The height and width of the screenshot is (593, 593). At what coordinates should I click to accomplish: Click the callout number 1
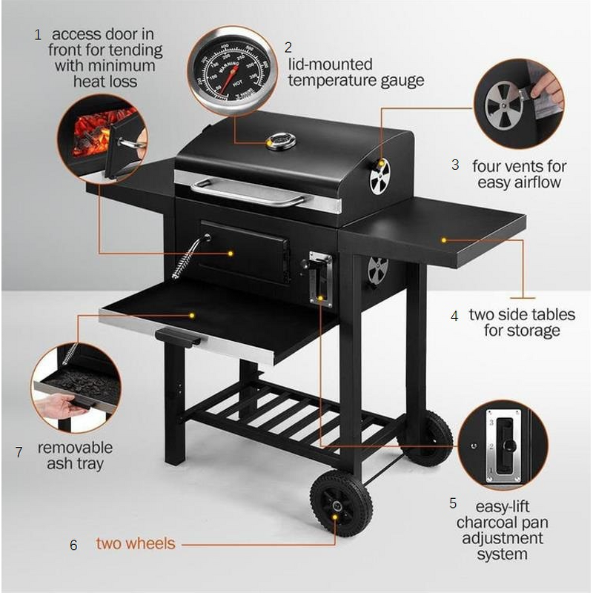click(x=38, y=35)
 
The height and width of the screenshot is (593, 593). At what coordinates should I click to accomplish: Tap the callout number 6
click(x=73, y=545)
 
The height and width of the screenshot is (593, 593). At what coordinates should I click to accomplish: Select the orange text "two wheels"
click(x=136, y=543)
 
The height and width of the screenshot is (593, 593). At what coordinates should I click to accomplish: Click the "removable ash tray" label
click(x=75, y=456)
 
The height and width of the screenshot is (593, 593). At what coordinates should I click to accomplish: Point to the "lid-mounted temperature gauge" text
click(x=356, y=72)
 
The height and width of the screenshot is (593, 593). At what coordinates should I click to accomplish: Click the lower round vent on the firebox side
click(x=378, y=269)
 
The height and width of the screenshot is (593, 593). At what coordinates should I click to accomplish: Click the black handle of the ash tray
click(x=178, y=337)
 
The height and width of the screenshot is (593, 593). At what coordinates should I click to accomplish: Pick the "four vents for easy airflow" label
click(x=519, y=174)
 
